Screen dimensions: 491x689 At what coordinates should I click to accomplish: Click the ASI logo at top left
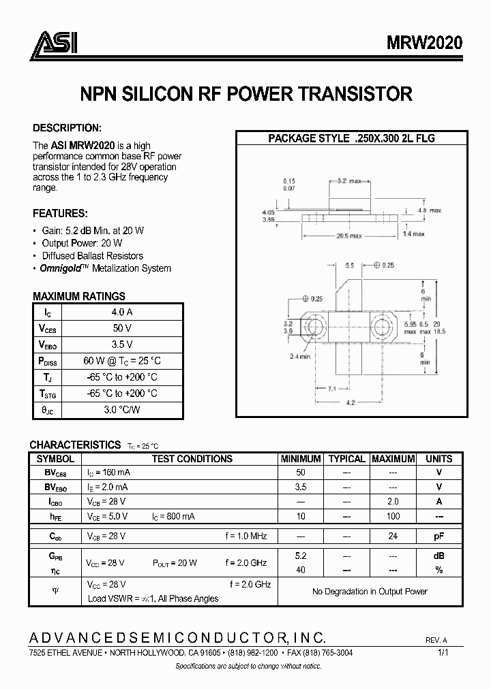(54, 43)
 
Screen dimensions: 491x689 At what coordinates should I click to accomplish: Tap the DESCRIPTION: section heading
(68, 128)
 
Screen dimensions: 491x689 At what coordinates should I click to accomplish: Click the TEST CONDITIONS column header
(192, 459)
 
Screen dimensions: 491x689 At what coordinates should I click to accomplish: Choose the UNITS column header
(438, 459)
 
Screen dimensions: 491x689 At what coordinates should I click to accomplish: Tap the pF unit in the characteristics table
(438, 536)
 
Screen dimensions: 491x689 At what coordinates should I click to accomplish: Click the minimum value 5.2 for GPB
(301, 555)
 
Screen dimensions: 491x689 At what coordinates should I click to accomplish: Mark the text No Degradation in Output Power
(370, 592)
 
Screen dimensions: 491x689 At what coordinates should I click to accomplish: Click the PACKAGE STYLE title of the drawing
(351, 138)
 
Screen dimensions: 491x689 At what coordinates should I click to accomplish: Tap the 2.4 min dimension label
(301, 356)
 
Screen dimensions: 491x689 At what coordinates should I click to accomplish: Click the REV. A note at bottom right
(436, 641)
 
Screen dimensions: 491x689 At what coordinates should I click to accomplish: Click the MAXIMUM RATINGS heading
(79, 296)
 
